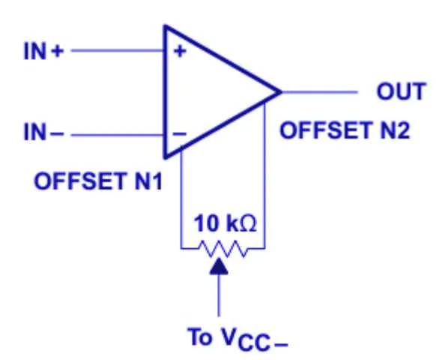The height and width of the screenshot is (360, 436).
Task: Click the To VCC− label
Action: point(237,340)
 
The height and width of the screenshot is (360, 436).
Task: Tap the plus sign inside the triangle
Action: point(180,52)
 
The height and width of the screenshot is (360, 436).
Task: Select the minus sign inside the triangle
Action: point(180,135)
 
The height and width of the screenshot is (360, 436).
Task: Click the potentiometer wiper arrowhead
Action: point(219,267)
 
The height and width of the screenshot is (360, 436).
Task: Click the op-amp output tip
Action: point(281,93)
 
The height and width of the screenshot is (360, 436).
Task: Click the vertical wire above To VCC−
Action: point(219,296)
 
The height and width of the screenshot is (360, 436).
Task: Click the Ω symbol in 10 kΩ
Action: point(250,223)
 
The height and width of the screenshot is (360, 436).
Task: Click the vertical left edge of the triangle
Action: point(166,93)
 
